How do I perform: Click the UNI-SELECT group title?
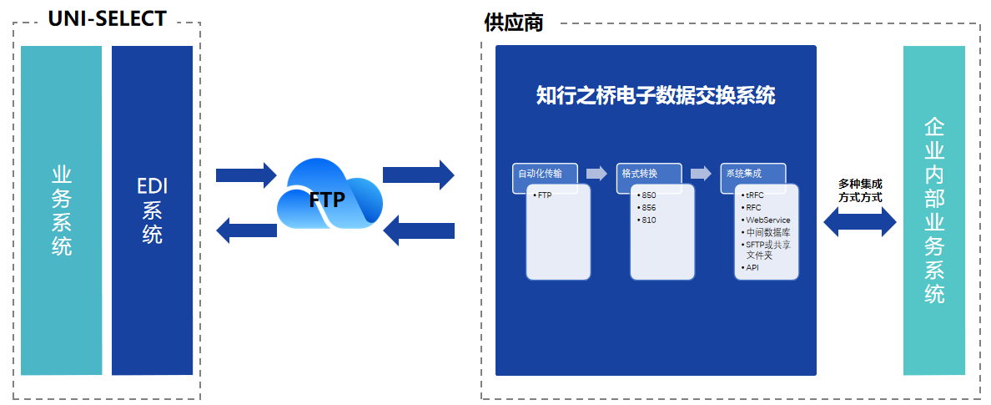click(x=108, y=18)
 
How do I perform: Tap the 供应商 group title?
click(x=514, y=23)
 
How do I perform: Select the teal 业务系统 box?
click(x=61, y=210)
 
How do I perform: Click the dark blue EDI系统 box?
click(x=152, y=210)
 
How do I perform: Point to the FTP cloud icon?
click(x=329, y=197)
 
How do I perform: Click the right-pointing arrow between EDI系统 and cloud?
click(x=245, y=175)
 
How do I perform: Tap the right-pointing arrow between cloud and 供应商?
click(x=418, y=175)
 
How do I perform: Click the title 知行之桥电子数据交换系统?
click(x=656, y=96)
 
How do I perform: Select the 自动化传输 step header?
click(x=544, y=174)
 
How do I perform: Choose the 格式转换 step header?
click(x=648, y=174)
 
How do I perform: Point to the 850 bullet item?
click(x=649, y=195)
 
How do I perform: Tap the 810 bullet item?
click(x=649, y=220)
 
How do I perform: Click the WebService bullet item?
click(x=767, y=220)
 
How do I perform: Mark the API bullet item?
click(x=752, y=267)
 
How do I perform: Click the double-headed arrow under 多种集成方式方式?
click(x=859, y=221)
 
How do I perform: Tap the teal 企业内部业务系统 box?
click(x=934, y=210)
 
